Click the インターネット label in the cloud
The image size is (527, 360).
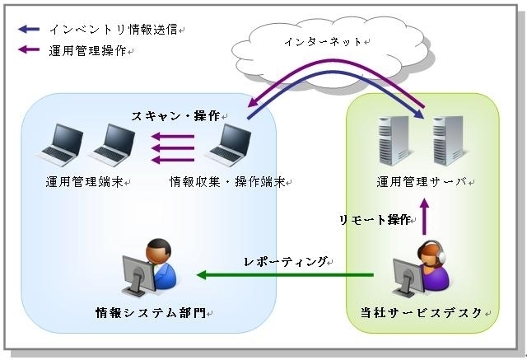pos(323,42)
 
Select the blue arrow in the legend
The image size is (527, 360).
pos(29,29)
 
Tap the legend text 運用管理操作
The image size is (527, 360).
pos(87,51)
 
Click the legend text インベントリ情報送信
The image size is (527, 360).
pos(114,30)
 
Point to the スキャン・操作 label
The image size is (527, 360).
pos(175,116)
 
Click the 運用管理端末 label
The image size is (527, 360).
pos(84,182)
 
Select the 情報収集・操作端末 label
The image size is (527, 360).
pos(227,182)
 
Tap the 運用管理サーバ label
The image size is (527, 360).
pos(422,182)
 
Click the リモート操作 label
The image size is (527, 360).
pos(375,220)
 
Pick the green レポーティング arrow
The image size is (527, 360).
pos(285,275)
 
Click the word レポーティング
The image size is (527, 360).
pos(285,261)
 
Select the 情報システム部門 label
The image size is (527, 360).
pos(151,312)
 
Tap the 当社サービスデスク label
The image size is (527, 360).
pos(422,312)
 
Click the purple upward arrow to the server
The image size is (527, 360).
pos(425,217)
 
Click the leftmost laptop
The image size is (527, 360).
pos(60,145)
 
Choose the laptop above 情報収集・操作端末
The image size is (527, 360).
pos(229,145)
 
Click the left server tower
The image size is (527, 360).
pos(394,141)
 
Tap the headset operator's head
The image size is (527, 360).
pos(431,255)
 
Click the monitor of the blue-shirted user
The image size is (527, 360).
pos(138,274)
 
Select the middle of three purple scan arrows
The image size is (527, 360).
pos(173,148)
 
